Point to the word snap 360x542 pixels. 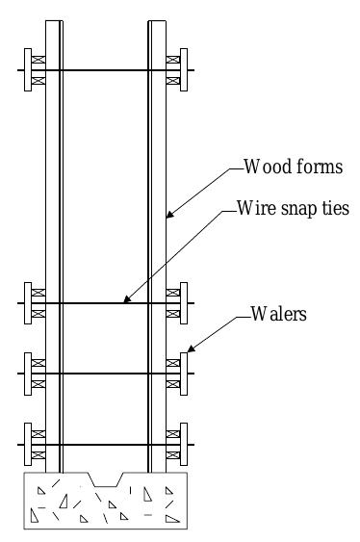point(293,209)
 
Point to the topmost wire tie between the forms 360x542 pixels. point(105,70)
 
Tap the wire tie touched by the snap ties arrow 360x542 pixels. point(105,303)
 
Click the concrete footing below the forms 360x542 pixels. point(105,505)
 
